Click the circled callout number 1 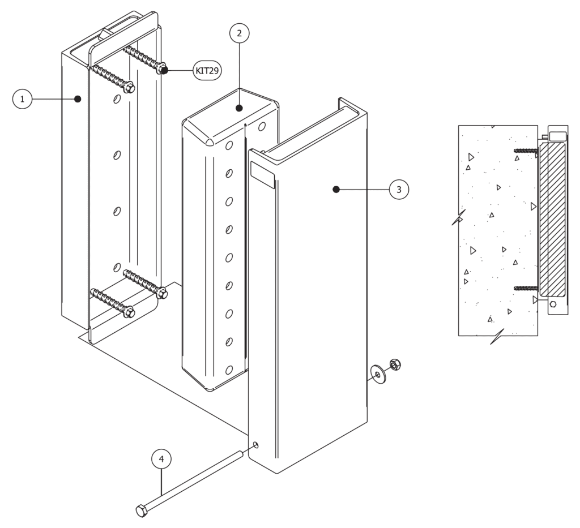pyautogui.click(x=22, y=99)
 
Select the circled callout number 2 pyautogui.click(x=239, y=33)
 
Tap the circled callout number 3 pyautogui.click(x=399, y=190)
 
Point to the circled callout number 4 pyautogui.click(x=161, y=459)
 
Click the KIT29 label pyautogui.click(x=207, y=70)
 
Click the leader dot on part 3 pyautogui.click(x=336, y=190)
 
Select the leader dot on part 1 pyautogui.click(x=78, y=99)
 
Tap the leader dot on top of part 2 pyautogui.click(x=239, y=108)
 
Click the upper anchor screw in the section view pyautogui.click(x=525, y=151)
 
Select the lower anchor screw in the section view pyautogui.click(x=525, y=288)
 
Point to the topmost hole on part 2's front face pyautogui.click(x=228, y=145)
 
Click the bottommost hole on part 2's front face pyautogui.click(x=229, y=370)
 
